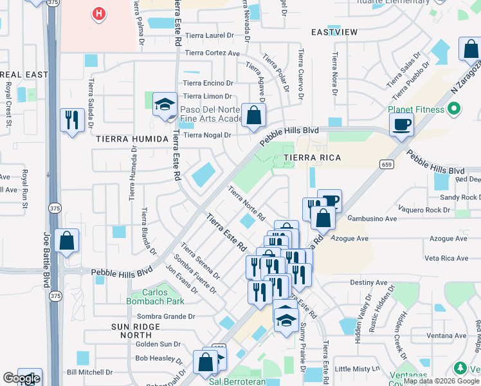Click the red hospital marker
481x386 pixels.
tap(98, 14)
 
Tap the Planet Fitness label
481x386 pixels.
tap(416, 109)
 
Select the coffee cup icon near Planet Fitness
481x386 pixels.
tap(401, 124)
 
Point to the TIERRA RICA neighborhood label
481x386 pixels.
tap(312, 158)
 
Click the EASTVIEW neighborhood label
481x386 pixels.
tap(334, 32)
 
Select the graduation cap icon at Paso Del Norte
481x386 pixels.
tap(165, 105)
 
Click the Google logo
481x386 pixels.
tap(21, 378)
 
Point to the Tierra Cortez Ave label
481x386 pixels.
tap(212, 53)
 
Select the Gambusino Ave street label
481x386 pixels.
tap(370, 219)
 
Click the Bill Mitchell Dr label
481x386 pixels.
tap(89, 372)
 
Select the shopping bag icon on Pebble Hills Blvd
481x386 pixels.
tap(254, 116)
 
